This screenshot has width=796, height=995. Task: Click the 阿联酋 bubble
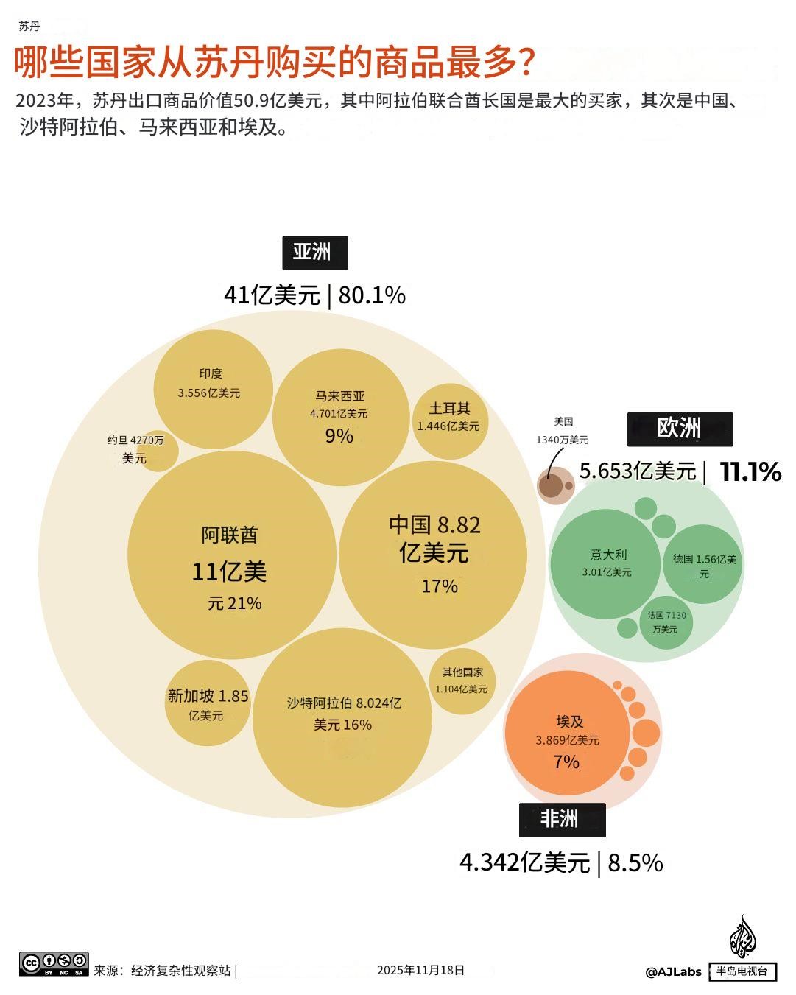click(231, 556)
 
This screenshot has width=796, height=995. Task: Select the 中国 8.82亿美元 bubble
click(433, 554)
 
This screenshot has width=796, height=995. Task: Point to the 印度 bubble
click(212, 389)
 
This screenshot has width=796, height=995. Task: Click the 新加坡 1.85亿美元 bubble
click(207, 703)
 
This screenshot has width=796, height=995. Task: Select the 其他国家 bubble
click(462, 681)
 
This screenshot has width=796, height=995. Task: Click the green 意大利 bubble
click(606, 563)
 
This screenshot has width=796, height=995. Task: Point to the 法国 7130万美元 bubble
click(666, 622)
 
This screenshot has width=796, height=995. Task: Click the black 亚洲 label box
click(314, 253)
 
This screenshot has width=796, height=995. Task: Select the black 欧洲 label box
click(679, 429)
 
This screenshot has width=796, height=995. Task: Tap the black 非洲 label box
click(562, 819)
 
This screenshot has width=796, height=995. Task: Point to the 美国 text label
click(563, 422)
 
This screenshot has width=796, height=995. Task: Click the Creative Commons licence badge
click(54, 963)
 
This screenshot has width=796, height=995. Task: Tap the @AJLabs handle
click(673, 971)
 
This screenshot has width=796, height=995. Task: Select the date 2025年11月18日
click(420, 970)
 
